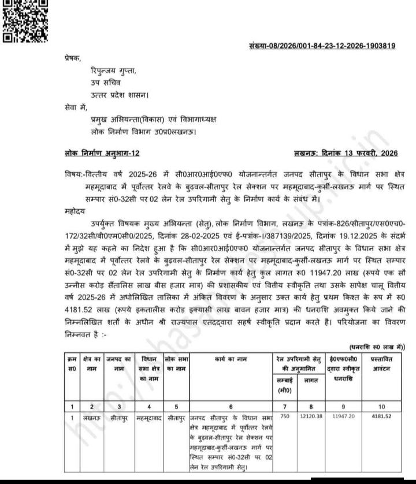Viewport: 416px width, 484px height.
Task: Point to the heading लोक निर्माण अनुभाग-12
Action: pos(101,153)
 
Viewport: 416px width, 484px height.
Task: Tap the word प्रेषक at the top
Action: pos(73,58)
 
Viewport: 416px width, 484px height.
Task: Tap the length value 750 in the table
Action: pos(284,416)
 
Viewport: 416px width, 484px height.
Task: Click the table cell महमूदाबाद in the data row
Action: pos(149,416)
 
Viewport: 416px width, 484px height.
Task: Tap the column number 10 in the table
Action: pos(381,406)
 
